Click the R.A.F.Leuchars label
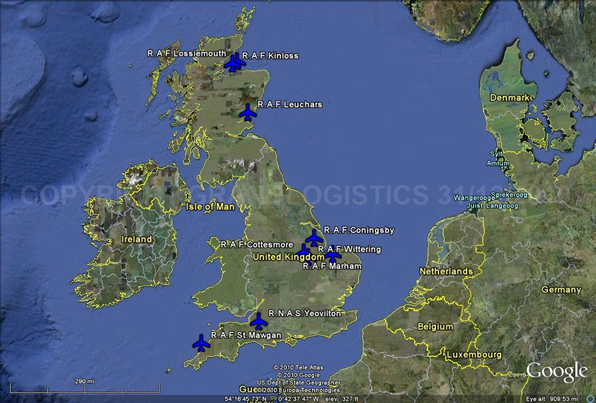289,105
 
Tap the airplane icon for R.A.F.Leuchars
247,113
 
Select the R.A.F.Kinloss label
270,56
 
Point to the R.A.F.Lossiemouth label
186,53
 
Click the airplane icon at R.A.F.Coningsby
314,238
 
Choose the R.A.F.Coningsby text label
359,230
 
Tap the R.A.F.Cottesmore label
256,245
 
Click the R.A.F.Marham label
332,266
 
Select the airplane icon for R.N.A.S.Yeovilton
259,321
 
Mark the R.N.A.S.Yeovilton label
305,314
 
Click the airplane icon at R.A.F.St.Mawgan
201,343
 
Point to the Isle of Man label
210,207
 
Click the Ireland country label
136,239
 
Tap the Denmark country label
509,97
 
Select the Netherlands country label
446,271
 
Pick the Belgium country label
435,327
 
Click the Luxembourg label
473,355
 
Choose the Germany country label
561,289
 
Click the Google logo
557,372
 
